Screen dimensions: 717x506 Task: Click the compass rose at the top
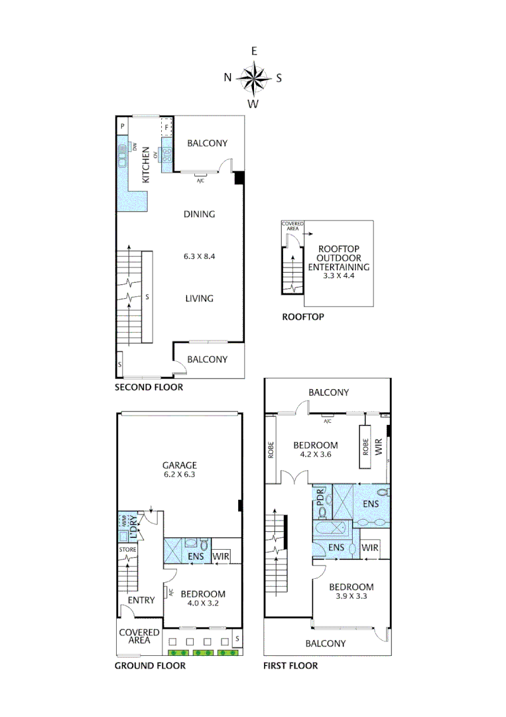(x=253, y=78)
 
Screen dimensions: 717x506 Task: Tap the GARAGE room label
(x=181, y=465)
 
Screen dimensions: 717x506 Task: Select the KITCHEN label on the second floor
(x=146, y=169)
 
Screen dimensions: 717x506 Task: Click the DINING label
(x=200, y=214)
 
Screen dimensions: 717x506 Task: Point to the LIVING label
(x=199, y=298)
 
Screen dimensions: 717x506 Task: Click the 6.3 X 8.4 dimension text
(x=200, y=256)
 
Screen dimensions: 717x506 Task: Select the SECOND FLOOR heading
(x=149, y=387)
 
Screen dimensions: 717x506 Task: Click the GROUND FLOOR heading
(x=150, y=665)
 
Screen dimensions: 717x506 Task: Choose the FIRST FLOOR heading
(x=290, y=665)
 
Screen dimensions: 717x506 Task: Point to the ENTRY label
(x=141, y=600)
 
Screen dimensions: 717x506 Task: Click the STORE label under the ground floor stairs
(x=127, y=550)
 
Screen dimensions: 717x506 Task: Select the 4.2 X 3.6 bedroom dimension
(x=316, y=455)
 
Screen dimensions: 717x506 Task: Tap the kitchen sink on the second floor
(x=123, y=157)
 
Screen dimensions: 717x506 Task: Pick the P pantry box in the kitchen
(x=123, y=125)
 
